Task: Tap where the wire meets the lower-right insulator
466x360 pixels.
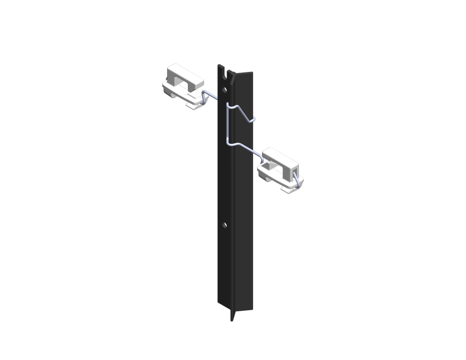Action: click(x=263, y=155)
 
